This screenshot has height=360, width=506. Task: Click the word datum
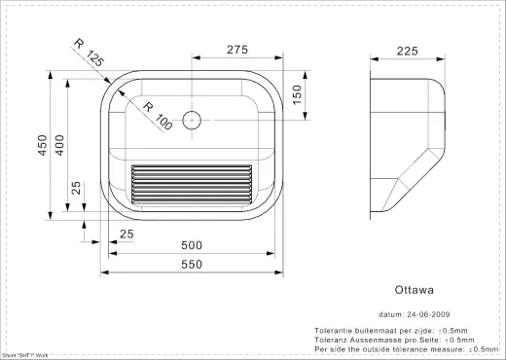point(389,314)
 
